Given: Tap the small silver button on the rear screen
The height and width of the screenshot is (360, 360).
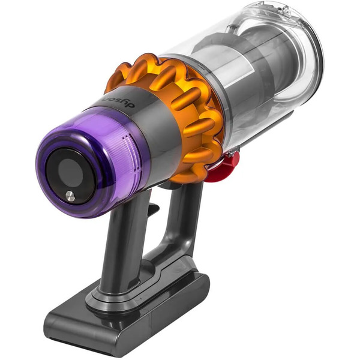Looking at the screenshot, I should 70,196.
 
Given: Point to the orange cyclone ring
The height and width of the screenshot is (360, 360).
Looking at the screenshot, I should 180,102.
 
